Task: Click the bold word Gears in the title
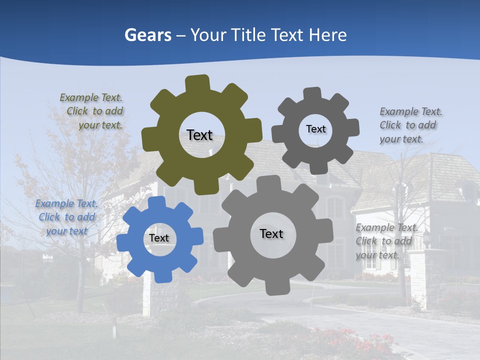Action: (x=147, y=35)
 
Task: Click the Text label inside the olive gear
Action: (x=199, y=135)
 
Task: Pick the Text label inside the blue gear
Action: (x=159, y=238)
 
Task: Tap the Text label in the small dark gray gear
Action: (x=315, y=129)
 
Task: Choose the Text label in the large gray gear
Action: (x=271, y=233)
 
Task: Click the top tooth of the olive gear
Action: (x=197, y=83)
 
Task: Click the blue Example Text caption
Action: (x=66, y=217)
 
